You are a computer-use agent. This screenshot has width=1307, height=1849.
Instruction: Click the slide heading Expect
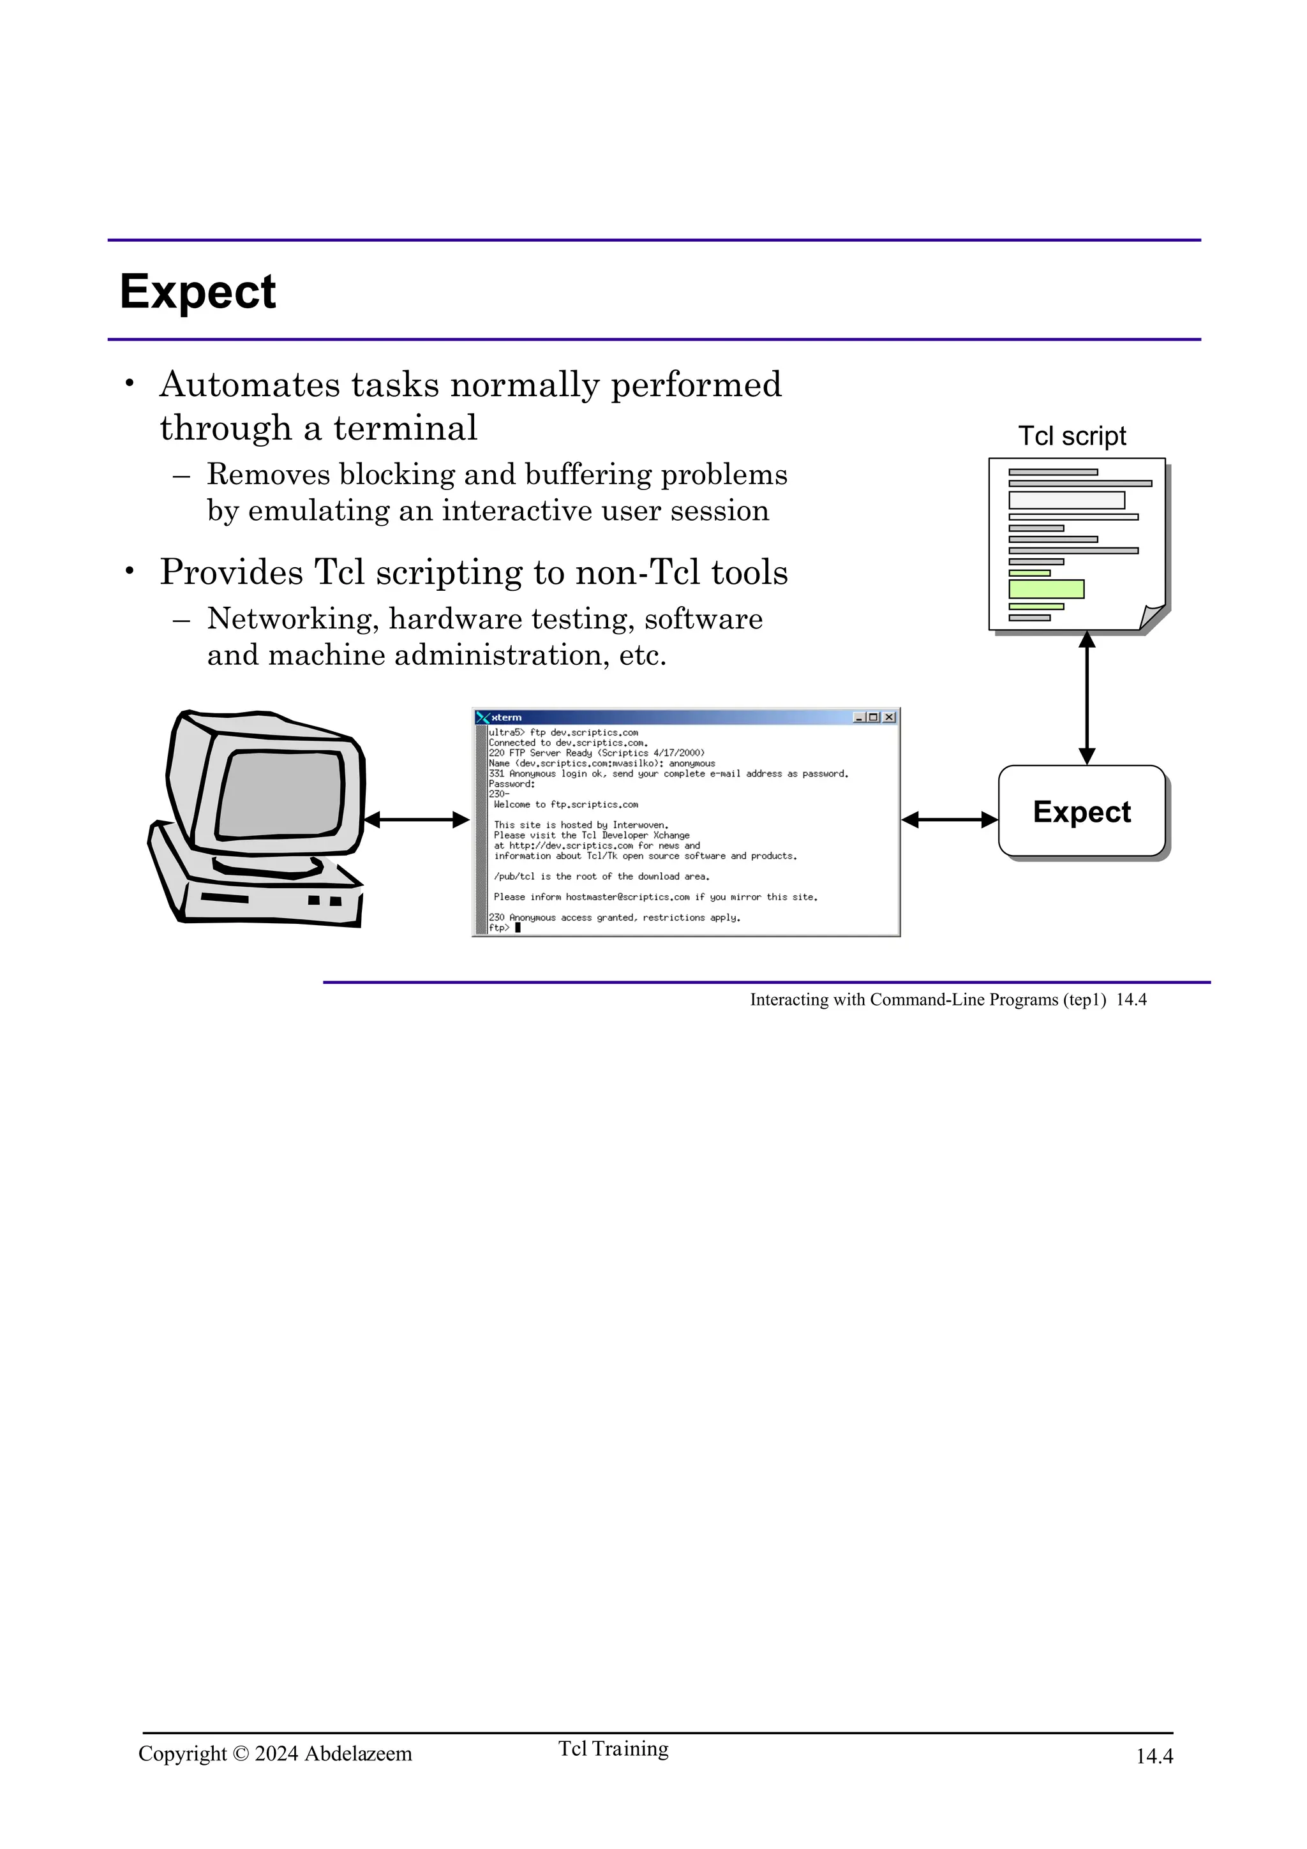pos(197,292)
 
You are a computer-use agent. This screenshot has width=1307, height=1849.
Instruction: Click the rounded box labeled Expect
pos(1082,811)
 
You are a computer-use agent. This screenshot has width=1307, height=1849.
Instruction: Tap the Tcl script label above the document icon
pos(1072,436)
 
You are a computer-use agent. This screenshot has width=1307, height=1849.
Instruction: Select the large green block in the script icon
pos(1046,589)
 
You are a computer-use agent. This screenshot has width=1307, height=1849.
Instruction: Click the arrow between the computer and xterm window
pos(416,820)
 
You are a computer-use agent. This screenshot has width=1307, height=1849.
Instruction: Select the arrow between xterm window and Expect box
pos(950,820)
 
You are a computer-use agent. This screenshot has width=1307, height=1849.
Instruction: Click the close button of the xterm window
pos(889,717)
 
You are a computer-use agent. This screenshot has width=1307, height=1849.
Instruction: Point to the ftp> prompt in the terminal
pos(499,928)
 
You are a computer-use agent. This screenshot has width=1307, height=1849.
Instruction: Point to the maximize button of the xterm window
pos(874,717)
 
